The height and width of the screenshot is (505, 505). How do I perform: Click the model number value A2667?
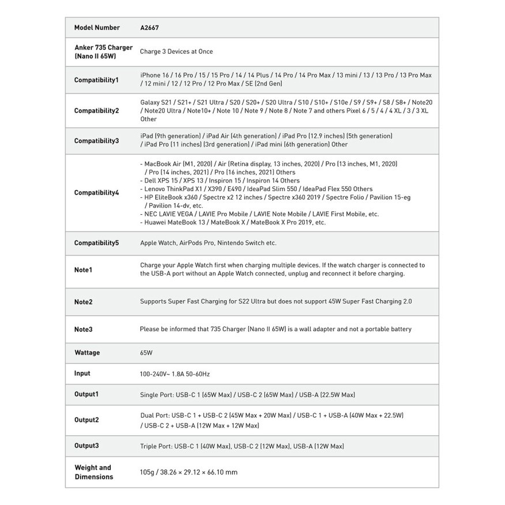click(149, 28)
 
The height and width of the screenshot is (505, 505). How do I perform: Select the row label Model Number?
click(97, 28)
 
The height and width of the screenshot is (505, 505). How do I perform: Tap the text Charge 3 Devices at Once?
click(176, 51)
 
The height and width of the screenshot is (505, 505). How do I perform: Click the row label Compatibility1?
click(96, 80)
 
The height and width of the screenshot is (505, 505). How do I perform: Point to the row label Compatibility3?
click(96, 141)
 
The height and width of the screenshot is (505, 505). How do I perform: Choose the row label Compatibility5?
click(96, 243)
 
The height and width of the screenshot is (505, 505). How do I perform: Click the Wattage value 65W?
click(146, 353)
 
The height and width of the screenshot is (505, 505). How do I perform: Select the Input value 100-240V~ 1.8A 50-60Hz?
click(174, 374)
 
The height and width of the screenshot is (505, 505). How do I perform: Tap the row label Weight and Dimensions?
click(93, 472)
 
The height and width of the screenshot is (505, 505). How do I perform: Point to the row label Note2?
click(83, 302)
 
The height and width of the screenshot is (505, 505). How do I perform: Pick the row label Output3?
click(87, 446)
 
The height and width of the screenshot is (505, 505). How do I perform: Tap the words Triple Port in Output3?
click(156, 446)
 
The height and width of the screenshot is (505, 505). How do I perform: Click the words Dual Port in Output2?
click(155, 416)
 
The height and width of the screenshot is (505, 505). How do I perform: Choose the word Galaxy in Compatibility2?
click(150, 102)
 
